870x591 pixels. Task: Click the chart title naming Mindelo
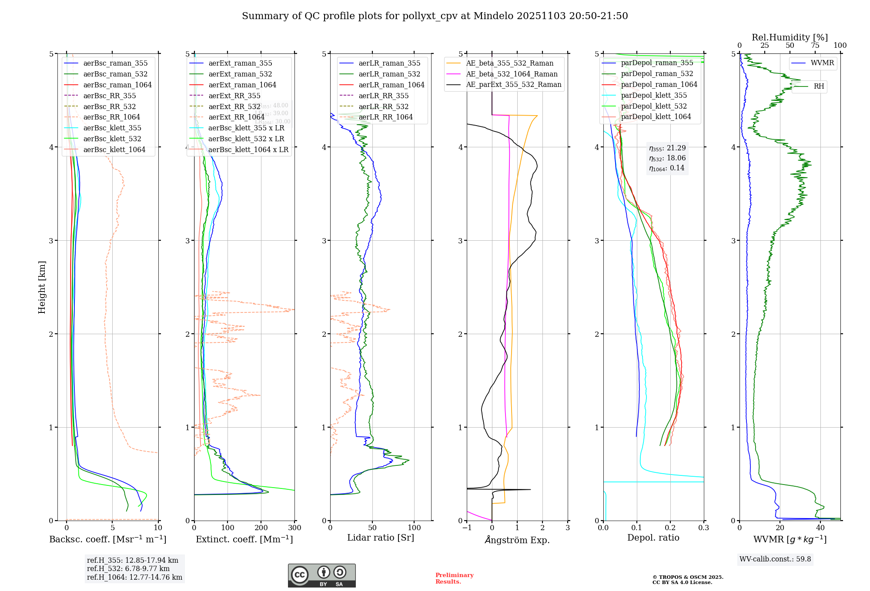coord(435,16)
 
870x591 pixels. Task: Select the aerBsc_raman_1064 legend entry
coord(117,85)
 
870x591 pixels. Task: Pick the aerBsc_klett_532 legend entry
coord(112,139)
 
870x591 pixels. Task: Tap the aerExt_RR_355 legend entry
coord(234,96)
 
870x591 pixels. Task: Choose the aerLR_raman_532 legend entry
coord(389,74)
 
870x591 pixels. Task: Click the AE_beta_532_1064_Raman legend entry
coord(512,74)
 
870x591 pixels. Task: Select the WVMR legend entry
coord(822,63)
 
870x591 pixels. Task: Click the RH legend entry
coord(819,86)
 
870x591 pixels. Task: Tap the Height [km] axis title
coord(42,287)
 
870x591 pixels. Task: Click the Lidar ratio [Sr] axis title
coord(381,538)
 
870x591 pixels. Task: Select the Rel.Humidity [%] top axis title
coord(790,37)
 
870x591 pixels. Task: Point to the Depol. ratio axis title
coord(653,538)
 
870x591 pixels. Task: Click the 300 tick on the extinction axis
coord(294,528)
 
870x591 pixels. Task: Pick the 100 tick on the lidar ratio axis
coord(414,528)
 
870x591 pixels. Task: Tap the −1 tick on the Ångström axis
coord(467,528)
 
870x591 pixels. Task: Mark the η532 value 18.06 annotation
coord(667,158)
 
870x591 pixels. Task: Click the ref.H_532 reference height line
coord(128,568)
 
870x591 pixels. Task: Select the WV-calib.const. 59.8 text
coord(775,559)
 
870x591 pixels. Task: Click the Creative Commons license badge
coord(321,575)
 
